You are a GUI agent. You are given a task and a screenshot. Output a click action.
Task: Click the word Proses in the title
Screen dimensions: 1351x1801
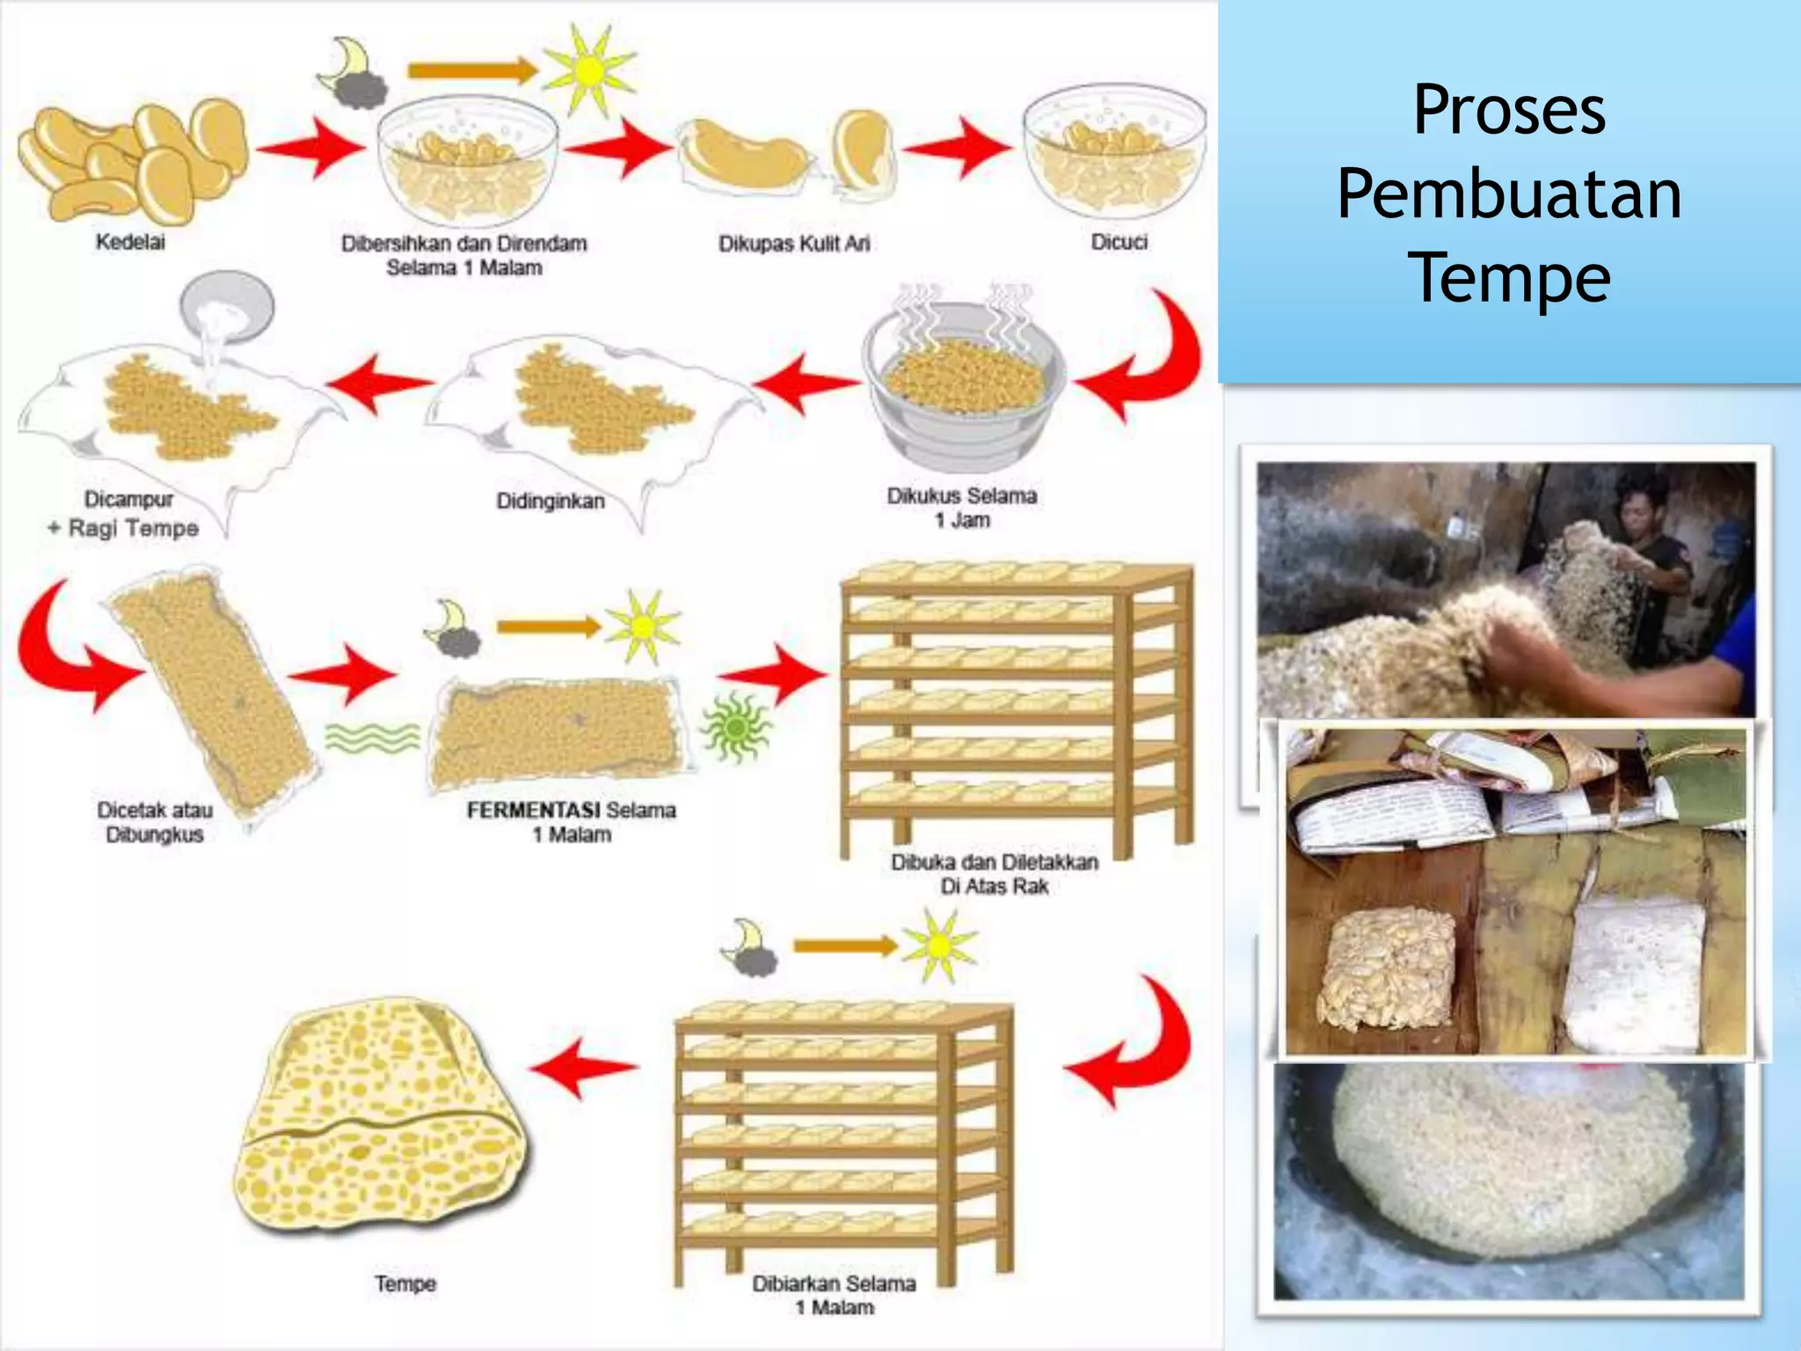(1509, 111)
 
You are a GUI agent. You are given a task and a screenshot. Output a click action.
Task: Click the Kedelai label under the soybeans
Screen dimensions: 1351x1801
(130, 242)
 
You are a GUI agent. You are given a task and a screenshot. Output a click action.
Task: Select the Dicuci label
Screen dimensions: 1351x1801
(1119, 242)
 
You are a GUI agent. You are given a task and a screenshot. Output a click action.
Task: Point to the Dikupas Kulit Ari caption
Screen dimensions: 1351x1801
(794, 244)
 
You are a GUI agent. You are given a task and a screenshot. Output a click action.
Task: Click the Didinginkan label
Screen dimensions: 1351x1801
(551, 501)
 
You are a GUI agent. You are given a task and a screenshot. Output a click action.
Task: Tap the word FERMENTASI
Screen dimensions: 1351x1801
(533, 810)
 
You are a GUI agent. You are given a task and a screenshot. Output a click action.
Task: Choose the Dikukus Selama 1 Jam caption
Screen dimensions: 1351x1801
(962, 508)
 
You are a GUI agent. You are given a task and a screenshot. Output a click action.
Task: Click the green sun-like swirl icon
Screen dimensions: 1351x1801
(735, 727)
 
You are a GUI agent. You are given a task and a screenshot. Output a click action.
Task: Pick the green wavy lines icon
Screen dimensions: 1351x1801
(373, 737)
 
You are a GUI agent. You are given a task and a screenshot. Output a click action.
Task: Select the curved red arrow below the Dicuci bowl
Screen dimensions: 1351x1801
(1143, 361)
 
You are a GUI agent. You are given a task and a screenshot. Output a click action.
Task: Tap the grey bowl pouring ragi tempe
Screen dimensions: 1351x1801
(227, 303)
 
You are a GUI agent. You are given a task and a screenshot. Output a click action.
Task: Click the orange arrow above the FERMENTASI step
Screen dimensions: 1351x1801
(547, 627)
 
